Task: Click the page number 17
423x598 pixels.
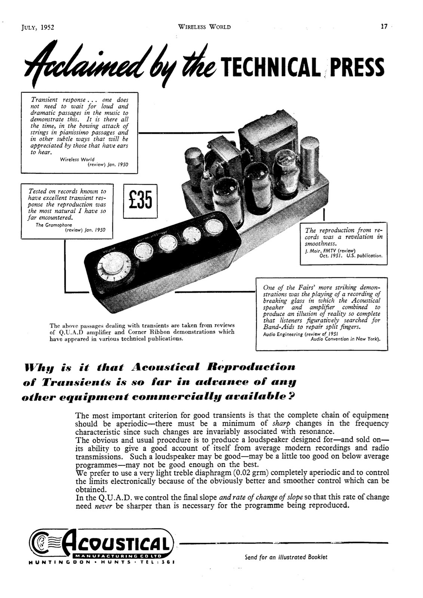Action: (x=384, y=27)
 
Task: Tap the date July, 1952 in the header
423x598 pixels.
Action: (x=38, y=27)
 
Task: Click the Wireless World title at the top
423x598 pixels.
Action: (x=204, y=27)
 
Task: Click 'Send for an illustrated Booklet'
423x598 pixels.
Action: (x=286, y=557)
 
